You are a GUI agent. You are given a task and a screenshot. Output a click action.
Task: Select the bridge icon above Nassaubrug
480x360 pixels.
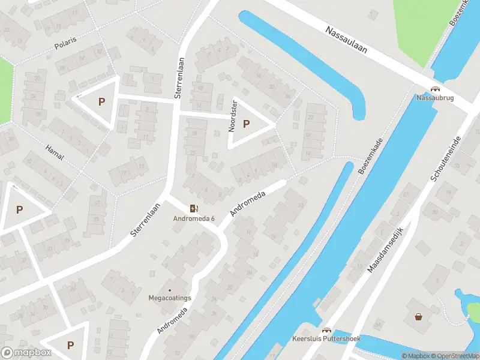[x=434, y=89]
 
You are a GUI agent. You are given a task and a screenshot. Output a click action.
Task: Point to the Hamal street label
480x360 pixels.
[x=54, y=152]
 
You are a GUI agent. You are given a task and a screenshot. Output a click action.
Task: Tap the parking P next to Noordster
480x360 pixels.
[x=246, y=124]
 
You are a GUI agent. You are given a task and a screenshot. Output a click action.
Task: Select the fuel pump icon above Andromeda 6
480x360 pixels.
[x=193, y=208]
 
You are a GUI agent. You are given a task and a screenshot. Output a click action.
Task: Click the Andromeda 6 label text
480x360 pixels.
[x=193, y=218]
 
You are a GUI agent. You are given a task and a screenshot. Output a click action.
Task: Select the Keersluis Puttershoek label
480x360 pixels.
[x=326, y=339]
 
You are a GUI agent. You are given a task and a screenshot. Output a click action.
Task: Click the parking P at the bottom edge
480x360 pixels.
[x=71, y=345]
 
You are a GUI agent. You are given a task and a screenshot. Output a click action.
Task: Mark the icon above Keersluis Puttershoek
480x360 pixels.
[x=327, y=331]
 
